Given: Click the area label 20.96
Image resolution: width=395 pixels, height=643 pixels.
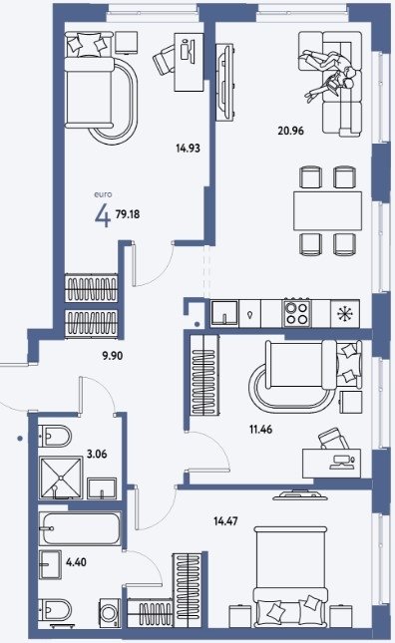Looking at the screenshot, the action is [x=290, y=131].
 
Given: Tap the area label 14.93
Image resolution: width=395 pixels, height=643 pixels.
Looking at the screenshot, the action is [x=188, y=148].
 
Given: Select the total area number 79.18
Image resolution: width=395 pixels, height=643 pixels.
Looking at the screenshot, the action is [x=128, y=214].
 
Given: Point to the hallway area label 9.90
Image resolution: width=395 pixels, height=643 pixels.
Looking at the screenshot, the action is [x=113, y=356].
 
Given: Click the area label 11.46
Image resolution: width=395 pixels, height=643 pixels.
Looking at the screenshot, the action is [x=261, y=430].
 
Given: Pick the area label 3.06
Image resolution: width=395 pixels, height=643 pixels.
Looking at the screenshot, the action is [x=97, y=454].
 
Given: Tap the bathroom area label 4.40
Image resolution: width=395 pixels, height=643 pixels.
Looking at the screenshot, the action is [x=76, y=561].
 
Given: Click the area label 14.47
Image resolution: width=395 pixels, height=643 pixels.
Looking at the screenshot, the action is [x=225, y=521].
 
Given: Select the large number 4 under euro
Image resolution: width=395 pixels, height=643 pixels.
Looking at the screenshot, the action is [x=103, y=215].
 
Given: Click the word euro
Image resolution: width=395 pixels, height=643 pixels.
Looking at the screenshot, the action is [x=103, y=194].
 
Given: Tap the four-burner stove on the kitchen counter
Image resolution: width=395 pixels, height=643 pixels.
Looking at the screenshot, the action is [x=296, y=313].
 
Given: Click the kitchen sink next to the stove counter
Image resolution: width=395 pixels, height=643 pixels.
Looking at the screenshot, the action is [x=224, y=313].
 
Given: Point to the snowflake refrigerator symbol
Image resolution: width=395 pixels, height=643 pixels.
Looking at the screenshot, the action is [x=345, y=314].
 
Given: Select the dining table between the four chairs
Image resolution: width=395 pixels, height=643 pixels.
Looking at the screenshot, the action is [x=327, y=210].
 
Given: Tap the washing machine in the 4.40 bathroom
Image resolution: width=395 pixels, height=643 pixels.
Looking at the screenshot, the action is [x=110, y=613].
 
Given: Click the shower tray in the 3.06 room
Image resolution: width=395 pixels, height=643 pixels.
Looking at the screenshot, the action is [x=61, y=478].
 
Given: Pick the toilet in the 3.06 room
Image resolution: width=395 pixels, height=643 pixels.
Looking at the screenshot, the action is [x=55, y=436].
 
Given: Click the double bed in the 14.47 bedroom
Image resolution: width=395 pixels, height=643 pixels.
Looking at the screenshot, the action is [x=290, y=577].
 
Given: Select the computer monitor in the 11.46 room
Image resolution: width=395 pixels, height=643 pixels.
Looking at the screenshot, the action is [x=341, y=462].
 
